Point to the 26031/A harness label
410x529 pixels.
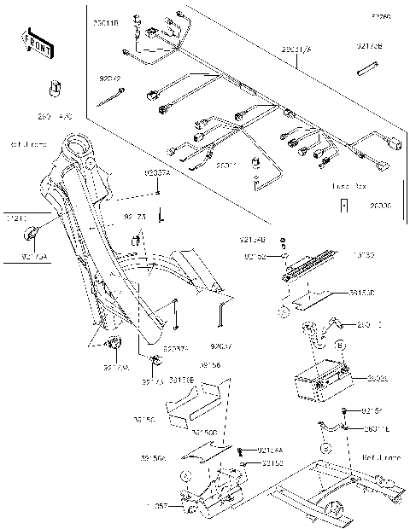296,50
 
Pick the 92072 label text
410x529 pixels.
112,78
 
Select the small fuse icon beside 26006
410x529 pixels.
344,205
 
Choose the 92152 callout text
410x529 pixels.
255,254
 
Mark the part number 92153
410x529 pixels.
272,463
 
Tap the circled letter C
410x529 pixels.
325,448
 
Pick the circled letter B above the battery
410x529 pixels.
340,345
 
